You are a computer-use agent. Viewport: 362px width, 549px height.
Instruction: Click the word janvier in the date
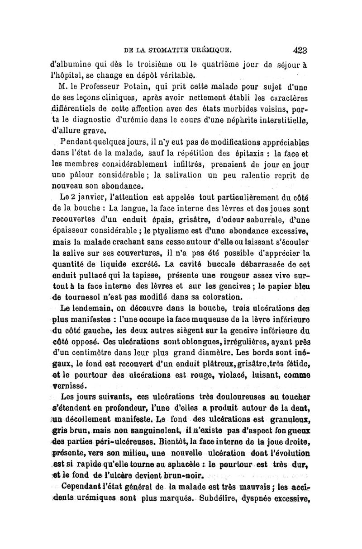point(91,197)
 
